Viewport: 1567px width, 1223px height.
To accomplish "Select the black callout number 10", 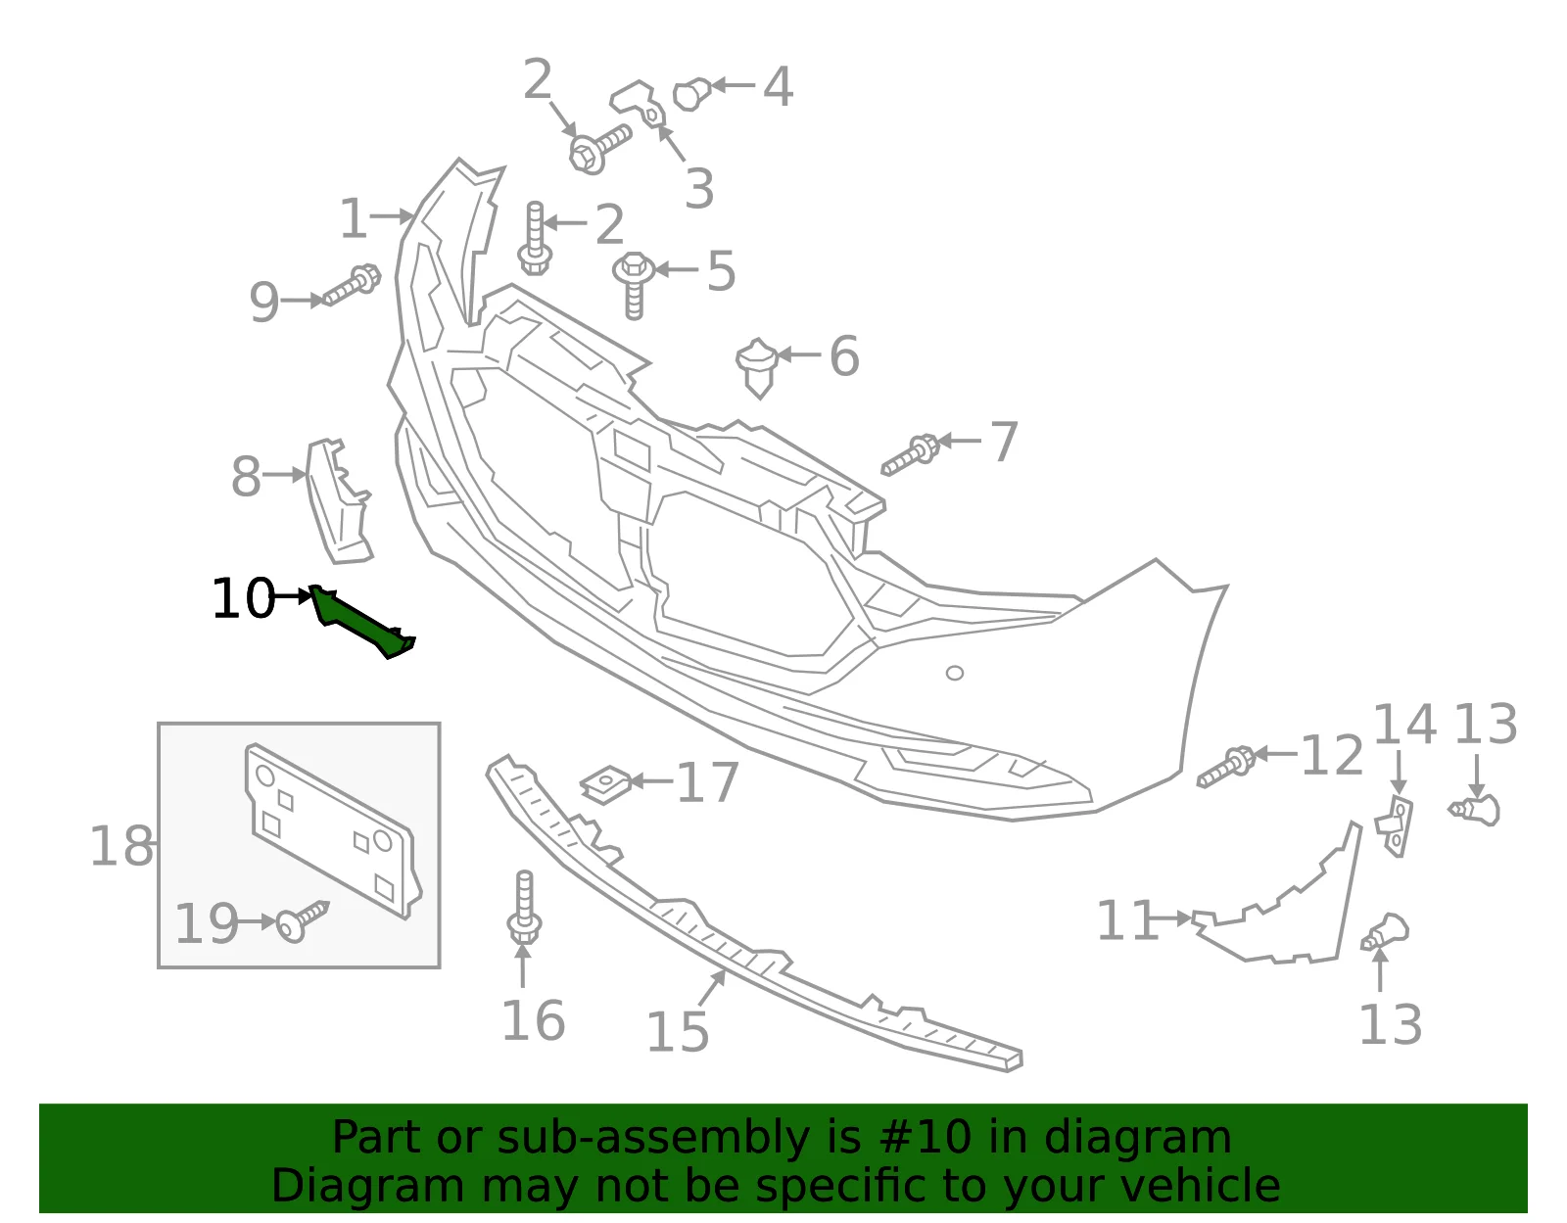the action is (x=243, y=599).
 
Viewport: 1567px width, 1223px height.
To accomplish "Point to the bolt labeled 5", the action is (x=634, y=285).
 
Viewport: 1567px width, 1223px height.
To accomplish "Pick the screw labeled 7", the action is (x=910, y=455).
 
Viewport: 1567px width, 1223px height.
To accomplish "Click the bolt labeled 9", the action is (x=352, y=285).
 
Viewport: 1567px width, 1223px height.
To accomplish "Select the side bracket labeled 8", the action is (x=338, y=501).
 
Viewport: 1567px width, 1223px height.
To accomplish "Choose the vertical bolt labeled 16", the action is (x=524, y=907).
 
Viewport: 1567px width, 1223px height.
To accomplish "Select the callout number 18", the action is (x=121, y=846).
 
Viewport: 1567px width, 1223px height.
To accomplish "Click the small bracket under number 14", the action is (x=1395, y=825).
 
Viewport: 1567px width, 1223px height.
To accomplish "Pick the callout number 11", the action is (x=1127, y=920).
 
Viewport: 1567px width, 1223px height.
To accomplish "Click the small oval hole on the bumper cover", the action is (x=955, y=673).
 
